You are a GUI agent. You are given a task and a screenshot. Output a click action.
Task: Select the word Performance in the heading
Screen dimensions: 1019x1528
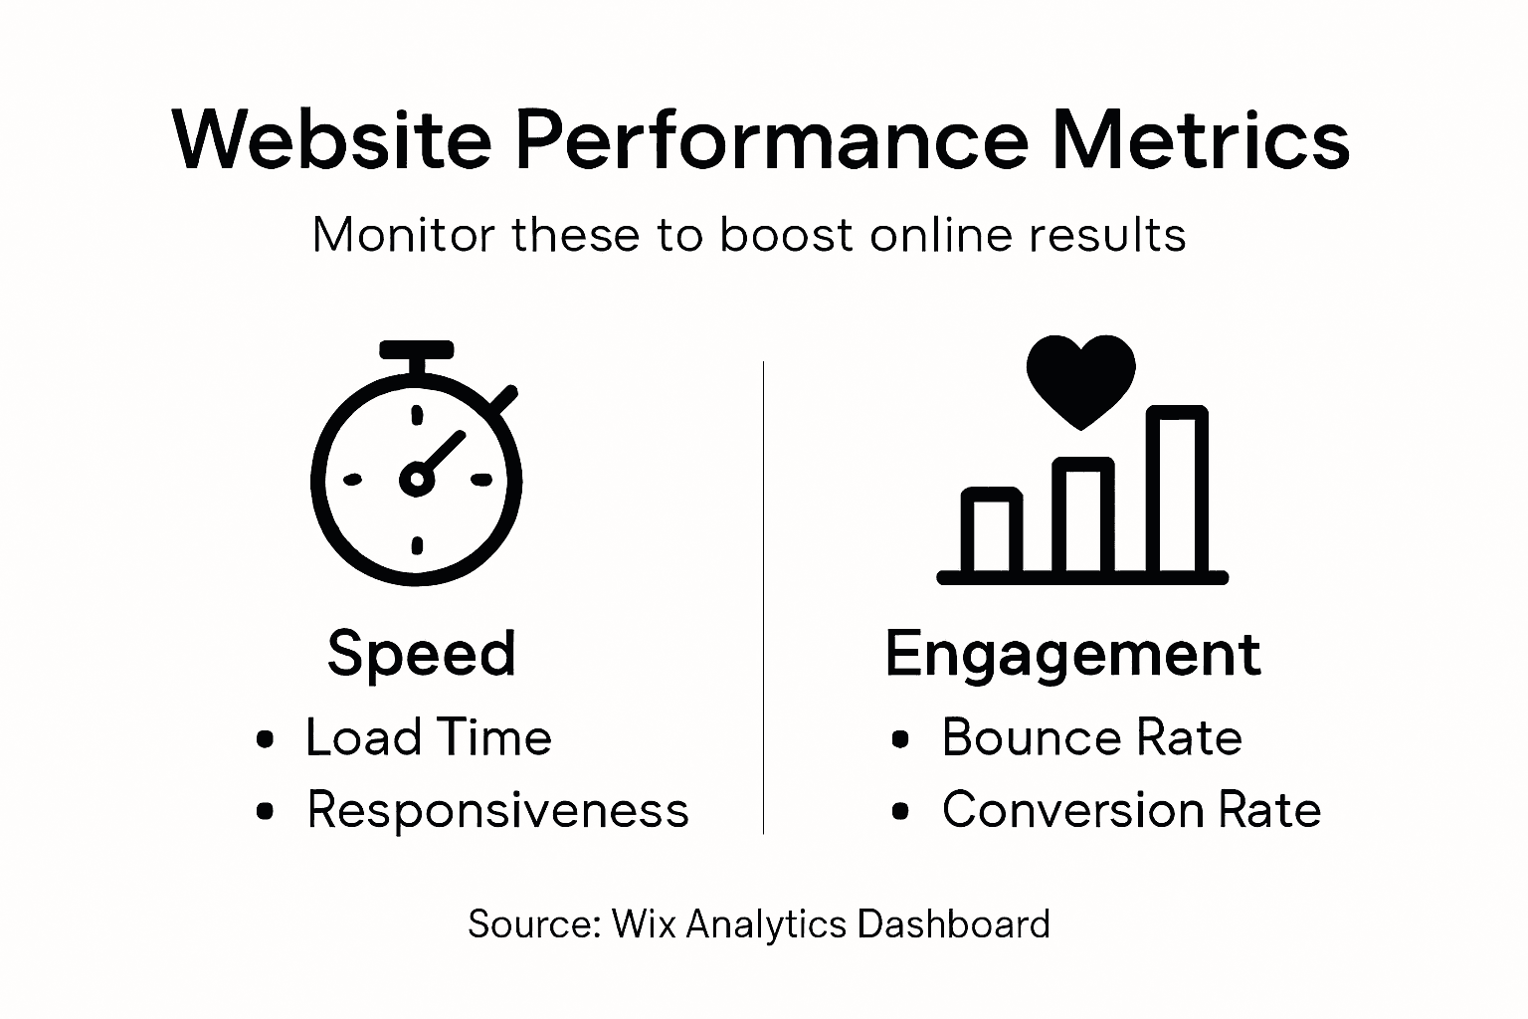(771, 139)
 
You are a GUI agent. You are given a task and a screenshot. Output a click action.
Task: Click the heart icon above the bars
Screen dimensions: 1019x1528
(1081, 379)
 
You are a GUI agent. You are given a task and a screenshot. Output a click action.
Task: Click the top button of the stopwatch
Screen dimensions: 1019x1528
(417, 350)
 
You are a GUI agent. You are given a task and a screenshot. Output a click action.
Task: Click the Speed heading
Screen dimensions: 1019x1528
(422, 654)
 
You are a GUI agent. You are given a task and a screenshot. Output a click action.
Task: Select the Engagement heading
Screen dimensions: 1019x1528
(1072, 654)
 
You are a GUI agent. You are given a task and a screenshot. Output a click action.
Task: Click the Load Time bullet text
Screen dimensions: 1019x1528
(428, 738)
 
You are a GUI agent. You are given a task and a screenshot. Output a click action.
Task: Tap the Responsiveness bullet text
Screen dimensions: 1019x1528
(497, 810)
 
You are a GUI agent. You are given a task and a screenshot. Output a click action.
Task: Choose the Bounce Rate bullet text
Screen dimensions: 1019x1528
(1091, 738)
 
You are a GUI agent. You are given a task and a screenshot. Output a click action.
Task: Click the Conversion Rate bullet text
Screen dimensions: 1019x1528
(1131, 810)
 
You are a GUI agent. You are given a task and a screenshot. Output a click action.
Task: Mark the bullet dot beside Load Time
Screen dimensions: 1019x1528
(265, 739)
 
